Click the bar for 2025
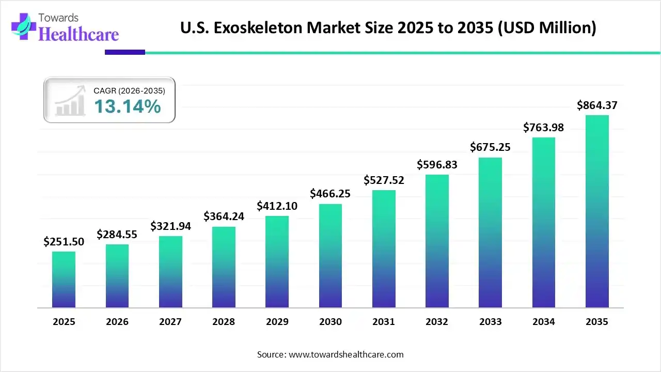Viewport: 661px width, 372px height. tap(64, 280)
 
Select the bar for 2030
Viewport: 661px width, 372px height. tap(330, 256)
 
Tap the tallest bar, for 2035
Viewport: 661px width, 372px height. tap(597, 211)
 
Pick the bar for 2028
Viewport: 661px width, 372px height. tap(224, 267)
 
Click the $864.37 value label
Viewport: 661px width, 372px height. tap(597, 105)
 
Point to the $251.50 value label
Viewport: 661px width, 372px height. tap(64, 241)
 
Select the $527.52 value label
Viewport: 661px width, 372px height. tap(384, 180)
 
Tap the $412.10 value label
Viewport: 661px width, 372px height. tap(277, 206)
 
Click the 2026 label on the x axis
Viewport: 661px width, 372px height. tap(117, 322)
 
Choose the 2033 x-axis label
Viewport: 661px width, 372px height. tap(490, 322)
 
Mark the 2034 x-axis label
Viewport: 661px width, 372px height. tap(544, 322)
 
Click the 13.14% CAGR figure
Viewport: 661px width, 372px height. tap(127, 106)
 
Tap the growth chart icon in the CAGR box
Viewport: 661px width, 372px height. tap(70, 101)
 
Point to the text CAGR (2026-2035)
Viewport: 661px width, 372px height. tap(129, 91)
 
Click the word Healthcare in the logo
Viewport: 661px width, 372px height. tap(78, 34)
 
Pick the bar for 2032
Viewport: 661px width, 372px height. tap(437, 241)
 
